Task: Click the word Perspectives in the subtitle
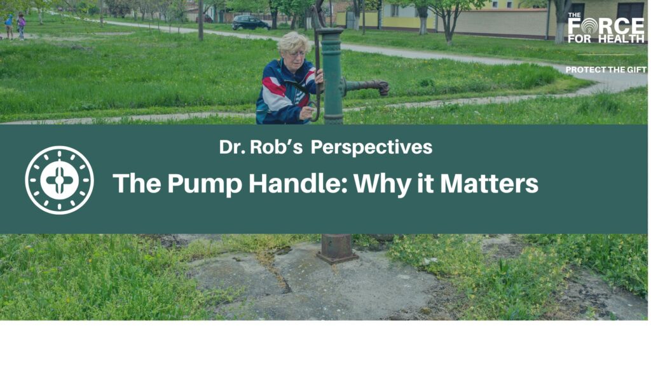click(371, 147)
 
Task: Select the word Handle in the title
click(299, 183)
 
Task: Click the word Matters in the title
click(490, 184)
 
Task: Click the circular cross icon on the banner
click(59, 180)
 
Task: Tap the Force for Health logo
click(606, 28)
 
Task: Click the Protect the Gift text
click(606, 70)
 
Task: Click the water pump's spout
click(366, 86)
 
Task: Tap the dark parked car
click(250, 22)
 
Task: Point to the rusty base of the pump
click(337, 248)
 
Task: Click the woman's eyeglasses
click(298, 53)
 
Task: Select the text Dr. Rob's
click(261, 147)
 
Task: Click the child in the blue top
click(9, 25)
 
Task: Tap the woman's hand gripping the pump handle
click(319, 76)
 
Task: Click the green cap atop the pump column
click(331, 32)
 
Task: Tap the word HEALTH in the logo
click(621, 39)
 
